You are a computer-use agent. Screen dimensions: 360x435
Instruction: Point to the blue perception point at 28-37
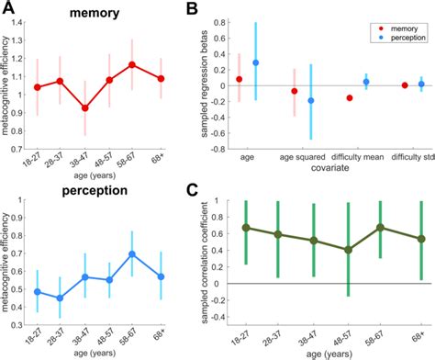click(x=87, y=298)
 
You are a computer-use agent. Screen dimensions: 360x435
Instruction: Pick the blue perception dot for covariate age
click(x=256, y=62)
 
